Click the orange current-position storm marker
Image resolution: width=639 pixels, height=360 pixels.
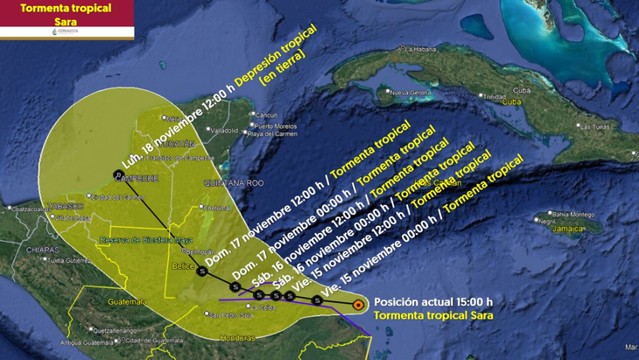point(358,304)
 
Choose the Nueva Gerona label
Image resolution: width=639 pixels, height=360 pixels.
point(411,92)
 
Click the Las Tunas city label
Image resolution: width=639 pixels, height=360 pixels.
point(597,127)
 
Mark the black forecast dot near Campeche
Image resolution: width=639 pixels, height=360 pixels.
point(117,174)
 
